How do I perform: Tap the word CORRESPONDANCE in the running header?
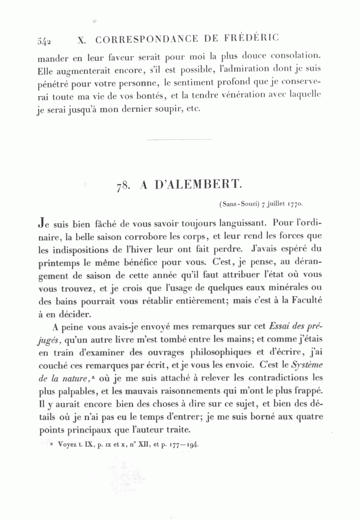point(147,40)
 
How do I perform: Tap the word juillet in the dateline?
point(275,204)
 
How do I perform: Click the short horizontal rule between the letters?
point(179,140)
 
